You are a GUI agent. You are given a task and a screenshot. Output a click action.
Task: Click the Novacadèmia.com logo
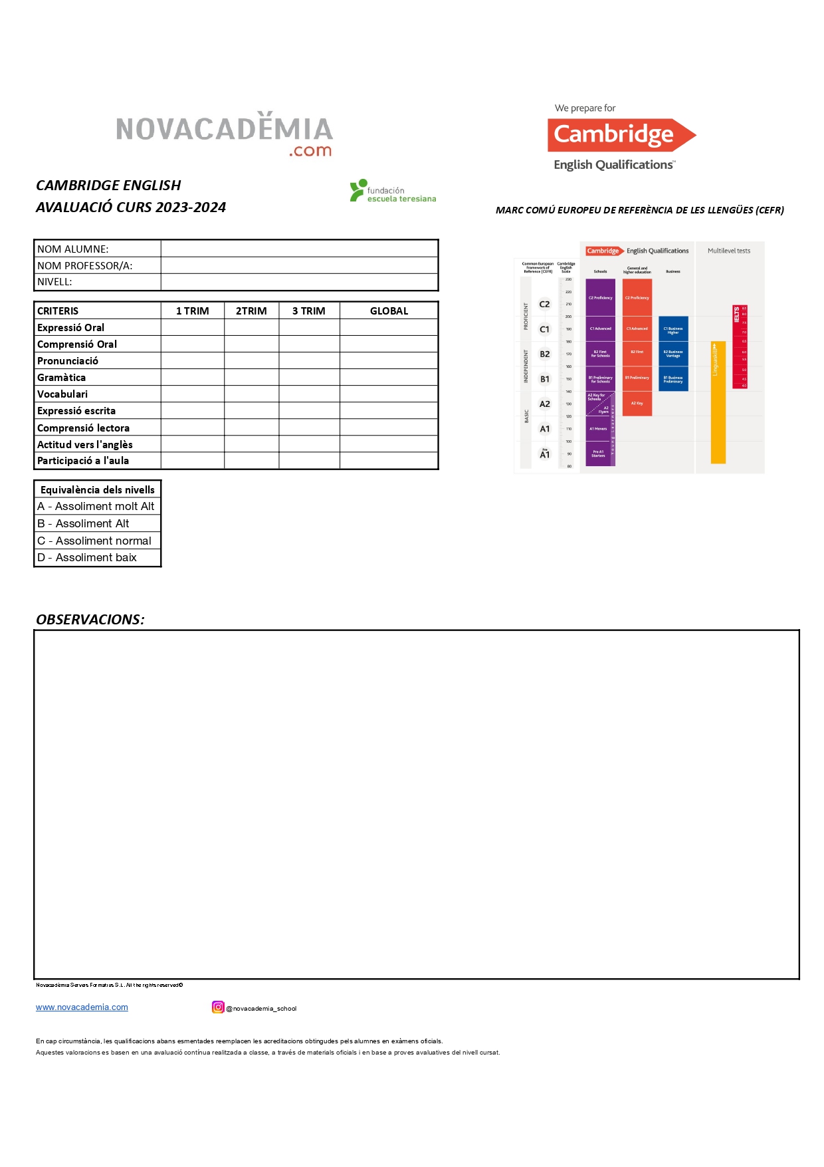(x=224, y=133)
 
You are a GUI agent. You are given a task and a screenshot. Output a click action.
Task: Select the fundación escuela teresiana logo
(x=393, y=191)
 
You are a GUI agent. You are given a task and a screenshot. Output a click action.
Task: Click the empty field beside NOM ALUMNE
(x=299, y=249)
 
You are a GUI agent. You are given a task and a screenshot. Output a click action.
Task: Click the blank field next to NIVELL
(x=299, y=282)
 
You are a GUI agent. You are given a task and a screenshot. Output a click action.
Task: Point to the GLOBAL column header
(x=389, y=311)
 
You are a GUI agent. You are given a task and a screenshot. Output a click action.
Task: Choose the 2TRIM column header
(x=251, y=311)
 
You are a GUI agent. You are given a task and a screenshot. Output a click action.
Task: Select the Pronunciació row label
(x=68, y=360)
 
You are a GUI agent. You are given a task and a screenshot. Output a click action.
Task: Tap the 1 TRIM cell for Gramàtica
(x=192, y=377)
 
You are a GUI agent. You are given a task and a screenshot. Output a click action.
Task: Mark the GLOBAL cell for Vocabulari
(x=389, y=394)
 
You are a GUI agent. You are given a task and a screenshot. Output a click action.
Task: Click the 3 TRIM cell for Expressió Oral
(x=309, y=327)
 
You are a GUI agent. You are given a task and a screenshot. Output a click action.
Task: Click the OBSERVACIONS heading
(x=90, y=619)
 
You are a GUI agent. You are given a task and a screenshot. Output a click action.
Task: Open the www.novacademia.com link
(x=82, y=1007)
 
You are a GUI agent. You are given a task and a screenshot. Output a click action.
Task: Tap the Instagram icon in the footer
(x=218, y=1007)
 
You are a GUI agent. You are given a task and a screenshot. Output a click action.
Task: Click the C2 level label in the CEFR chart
(x=544, y=304)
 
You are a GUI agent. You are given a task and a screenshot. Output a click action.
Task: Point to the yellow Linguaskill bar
(x=718, y=402)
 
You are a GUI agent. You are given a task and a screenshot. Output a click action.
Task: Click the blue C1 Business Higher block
(x=673, y=329)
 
